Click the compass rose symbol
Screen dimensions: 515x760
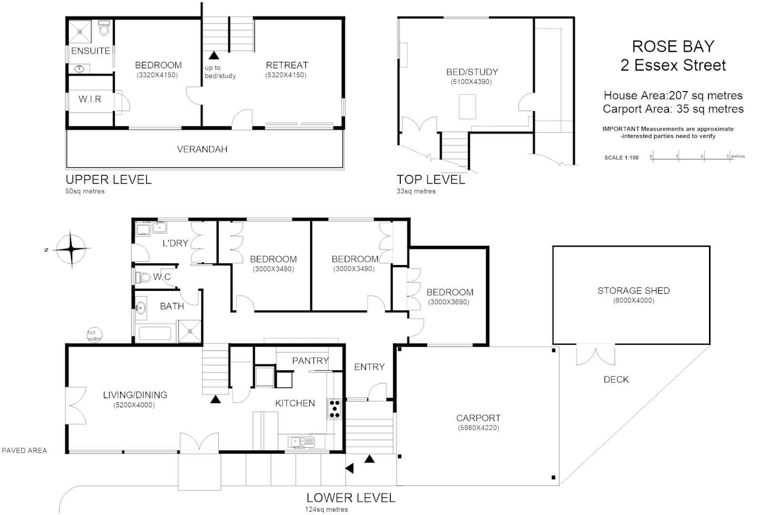click(x=71, y=249)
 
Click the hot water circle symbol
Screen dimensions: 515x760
click(x=94, y=336)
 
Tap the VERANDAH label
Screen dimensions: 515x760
click(x=202, y=149)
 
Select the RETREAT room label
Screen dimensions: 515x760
click(x=287, y=65)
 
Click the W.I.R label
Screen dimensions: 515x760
click(x=90, y=99)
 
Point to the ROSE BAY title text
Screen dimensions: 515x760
click(x=673, y=46)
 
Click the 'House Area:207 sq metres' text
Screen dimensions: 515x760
click(x=673, y=95)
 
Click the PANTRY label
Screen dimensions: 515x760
click(x=310, y=360)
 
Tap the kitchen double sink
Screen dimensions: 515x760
click(x=301, y=442)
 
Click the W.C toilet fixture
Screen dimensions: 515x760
click(x=143, y=277)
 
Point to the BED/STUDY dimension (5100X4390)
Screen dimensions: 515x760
click(x=471, y=82)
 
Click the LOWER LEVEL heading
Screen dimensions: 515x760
click(x=351, y=498)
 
